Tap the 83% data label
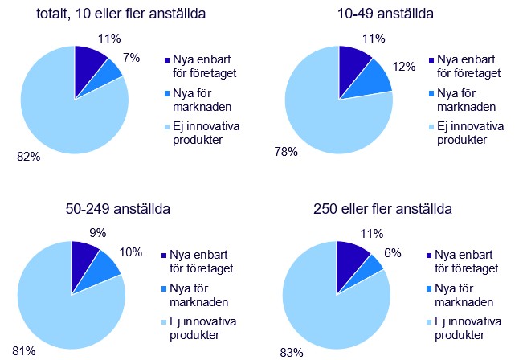tap(290, 350)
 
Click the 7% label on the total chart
tap(132, 58)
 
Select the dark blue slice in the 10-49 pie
tap(353, 64)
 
